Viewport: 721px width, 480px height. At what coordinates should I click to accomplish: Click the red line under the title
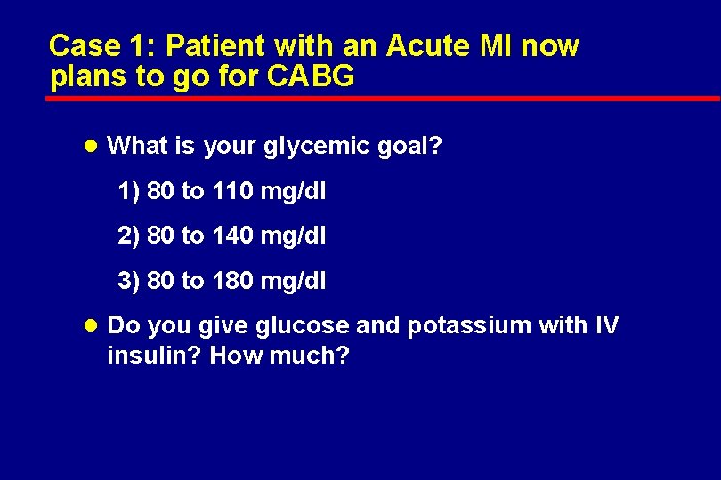(x=383, y=98)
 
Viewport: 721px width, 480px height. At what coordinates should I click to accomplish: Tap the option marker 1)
(x=128, y=191)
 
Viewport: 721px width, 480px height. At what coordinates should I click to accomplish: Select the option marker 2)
(x=128, y=236)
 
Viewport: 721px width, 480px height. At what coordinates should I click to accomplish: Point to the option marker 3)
(x=128, y=282)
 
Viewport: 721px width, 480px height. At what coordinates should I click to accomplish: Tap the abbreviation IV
(x=604, y=326)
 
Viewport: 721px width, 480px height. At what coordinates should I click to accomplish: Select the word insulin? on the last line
(x=154, y=356)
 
